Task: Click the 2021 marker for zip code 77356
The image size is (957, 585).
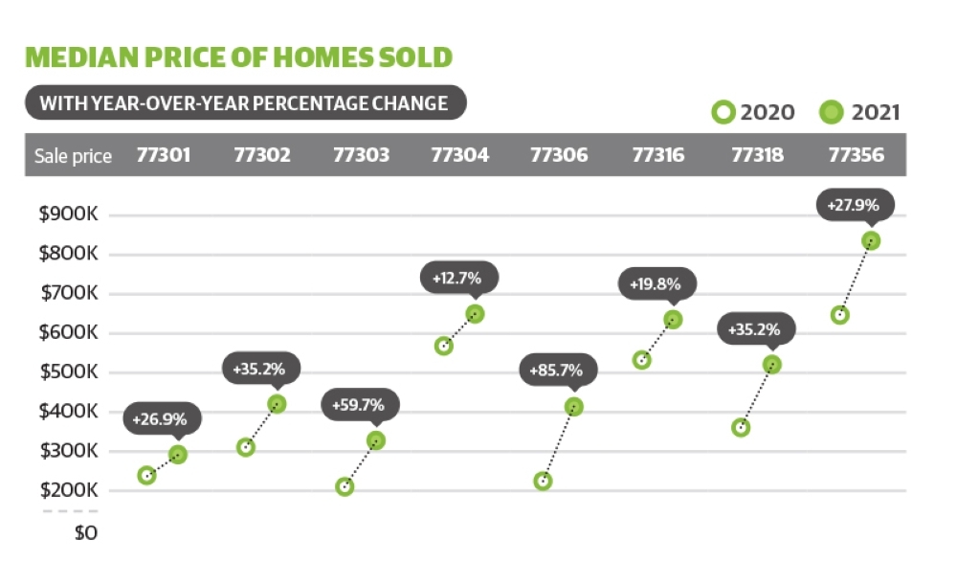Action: click(871, 240)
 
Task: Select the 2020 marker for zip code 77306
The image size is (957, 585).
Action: click(543, 482)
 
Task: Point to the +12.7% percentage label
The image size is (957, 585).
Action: click(456, 279)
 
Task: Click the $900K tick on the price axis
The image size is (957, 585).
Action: click(68, 214)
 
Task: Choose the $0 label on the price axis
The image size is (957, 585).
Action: click(86, 533)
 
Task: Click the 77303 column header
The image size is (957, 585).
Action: click(361, 155)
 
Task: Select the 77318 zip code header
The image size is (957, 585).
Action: click(757, 155)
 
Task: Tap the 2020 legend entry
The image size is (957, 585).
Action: click(753, 112)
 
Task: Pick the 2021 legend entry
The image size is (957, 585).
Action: click(860, 112)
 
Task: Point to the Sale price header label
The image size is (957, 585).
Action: click(74, 156)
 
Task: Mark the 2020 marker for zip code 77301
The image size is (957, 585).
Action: click(146, 475)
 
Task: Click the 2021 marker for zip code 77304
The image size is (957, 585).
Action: click(475, 314)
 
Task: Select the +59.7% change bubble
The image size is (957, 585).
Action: click(360, 405)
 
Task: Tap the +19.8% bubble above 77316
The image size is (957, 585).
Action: click(657, 284)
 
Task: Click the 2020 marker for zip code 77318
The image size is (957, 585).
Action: click(741, 427)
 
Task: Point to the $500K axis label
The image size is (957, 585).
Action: click(68, 371)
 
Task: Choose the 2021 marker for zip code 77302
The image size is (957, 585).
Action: click(277, 404)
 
